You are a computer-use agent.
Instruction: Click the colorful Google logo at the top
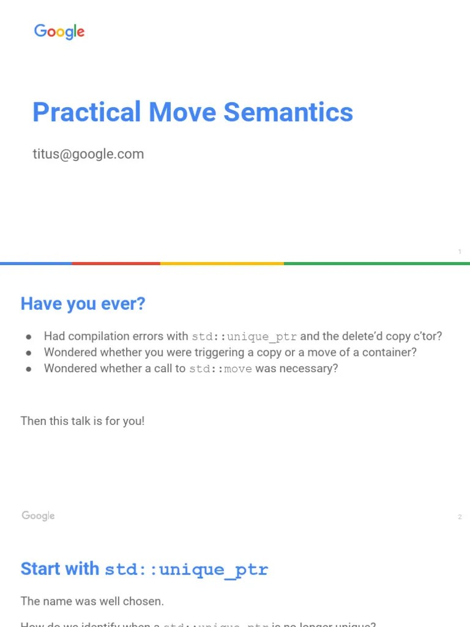59,32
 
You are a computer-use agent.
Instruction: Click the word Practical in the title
86,112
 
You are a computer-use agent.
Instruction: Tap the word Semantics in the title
288,112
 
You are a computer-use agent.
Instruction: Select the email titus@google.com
88,154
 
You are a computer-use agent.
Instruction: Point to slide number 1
460,252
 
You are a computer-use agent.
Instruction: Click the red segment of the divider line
116,263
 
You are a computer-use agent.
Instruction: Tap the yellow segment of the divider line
222,263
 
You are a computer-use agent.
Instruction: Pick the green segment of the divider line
376,263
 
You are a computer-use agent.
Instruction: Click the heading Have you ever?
83,304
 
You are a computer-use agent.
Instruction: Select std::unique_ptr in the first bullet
244,337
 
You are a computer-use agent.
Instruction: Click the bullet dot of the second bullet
29,353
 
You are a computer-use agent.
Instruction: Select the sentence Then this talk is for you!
83,421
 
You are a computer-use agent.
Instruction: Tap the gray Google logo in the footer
38,516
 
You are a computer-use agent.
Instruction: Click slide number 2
460,517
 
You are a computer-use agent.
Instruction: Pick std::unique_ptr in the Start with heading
186,569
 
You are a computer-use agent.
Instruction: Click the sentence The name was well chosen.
92,601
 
